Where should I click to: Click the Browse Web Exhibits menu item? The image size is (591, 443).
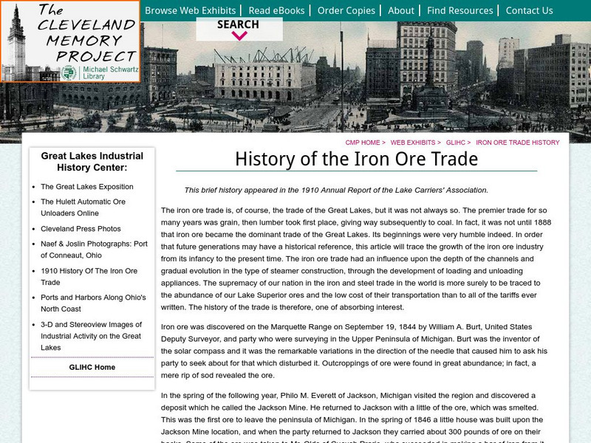coord(190,10)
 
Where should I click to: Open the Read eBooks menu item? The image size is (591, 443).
coord(276,10)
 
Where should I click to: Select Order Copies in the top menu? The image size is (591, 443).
coord(346,10)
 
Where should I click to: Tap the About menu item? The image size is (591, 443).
coord(400,10)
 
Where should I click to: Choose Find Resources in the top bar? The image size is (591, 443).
coord(460,10)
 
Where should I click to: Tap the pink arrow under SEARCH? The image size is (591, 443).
coord(239,35)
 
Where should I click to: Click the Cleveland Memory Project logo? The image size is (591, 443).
coord(70,41)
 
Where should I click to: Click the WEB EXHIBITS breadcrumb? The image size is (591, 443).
coord(415,142)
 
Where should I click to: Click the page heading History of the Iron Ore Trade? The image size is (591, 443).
coord(356,159)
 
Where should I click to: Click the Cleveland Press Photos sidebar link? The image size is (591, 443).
coord(81,229)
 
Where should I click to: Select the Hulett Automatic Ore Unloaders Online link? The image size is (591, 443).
coord(83,207)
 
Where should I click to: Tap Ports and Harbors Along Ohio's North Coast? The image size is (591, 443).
coord(93,303)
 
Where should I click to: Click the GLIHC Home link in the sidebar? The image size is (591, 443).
coord(92,367)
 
